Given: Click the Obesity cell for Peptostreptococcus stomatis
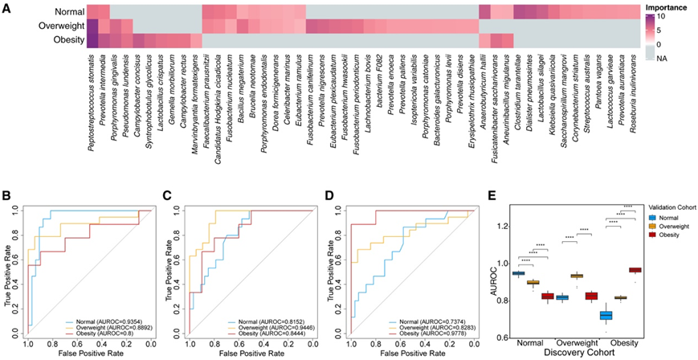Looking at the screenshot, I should click(x=93, y=40).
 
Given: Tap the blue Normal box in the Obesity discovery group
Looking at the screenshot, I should click(x=595, y=315).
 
